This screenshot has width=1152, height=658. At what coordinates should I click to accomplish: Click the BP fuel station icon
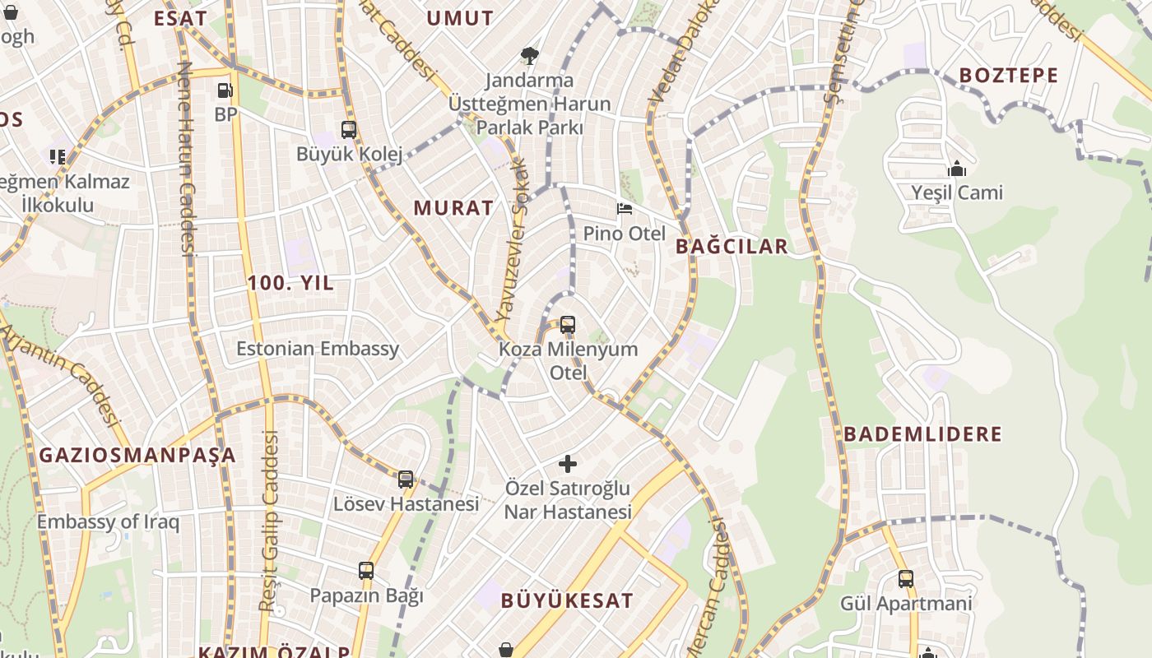(225, 90)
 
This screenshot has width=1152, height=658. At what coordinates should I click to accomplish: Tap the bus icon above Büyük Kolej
(349, 130)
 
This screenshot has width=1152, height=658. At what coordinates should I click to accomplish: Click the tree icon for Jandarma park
(530, 56)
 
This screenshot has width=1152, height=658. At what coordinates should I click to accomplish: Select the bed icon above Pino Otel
(625, 209)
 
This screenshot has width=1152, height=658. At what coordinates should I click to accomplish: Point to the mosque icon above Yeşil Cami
(957, 169)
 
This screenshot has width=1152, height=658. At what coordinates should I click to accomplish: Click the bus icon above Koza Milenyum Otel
(568, 325)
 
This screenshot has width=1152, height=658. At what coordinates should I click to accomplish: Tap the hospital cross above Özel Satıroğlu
(568, 464)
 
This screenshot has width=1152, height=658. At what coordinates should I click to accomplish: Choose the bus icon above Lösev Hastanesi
(406, 480)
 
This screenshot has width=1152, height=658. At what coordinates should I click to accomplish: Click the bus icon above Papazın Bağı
(366, 571)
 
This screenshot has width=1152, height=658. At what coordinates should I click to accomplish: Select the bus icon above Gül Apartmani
(906, 579)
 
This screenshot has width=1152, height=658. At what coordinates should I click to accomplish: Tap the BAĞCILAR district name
(732, 246)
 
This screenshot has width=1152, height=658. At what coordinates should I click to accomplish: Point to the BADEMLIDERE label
(922, 433)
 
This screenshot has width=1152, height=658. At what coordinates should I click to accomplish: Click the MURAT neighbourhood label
(453, 207)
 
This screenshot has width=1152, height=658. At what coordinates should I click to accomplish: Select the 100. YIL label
(290, 283)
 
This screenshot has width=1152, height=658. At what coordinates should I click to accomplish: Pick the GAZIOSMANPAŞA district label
(137, 455)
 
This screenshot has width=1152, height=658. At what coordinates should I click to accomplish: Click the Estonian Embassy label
(318, 348)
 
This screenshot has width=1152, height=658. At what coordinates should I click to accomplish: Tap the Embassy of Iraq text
(108, 521)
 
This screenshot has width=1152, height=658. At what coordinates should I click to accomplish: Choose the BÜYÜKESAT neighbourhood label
(567, 600)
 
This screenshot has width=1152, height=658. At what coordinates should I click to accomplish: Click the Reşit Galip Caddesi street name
(269, 522)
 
